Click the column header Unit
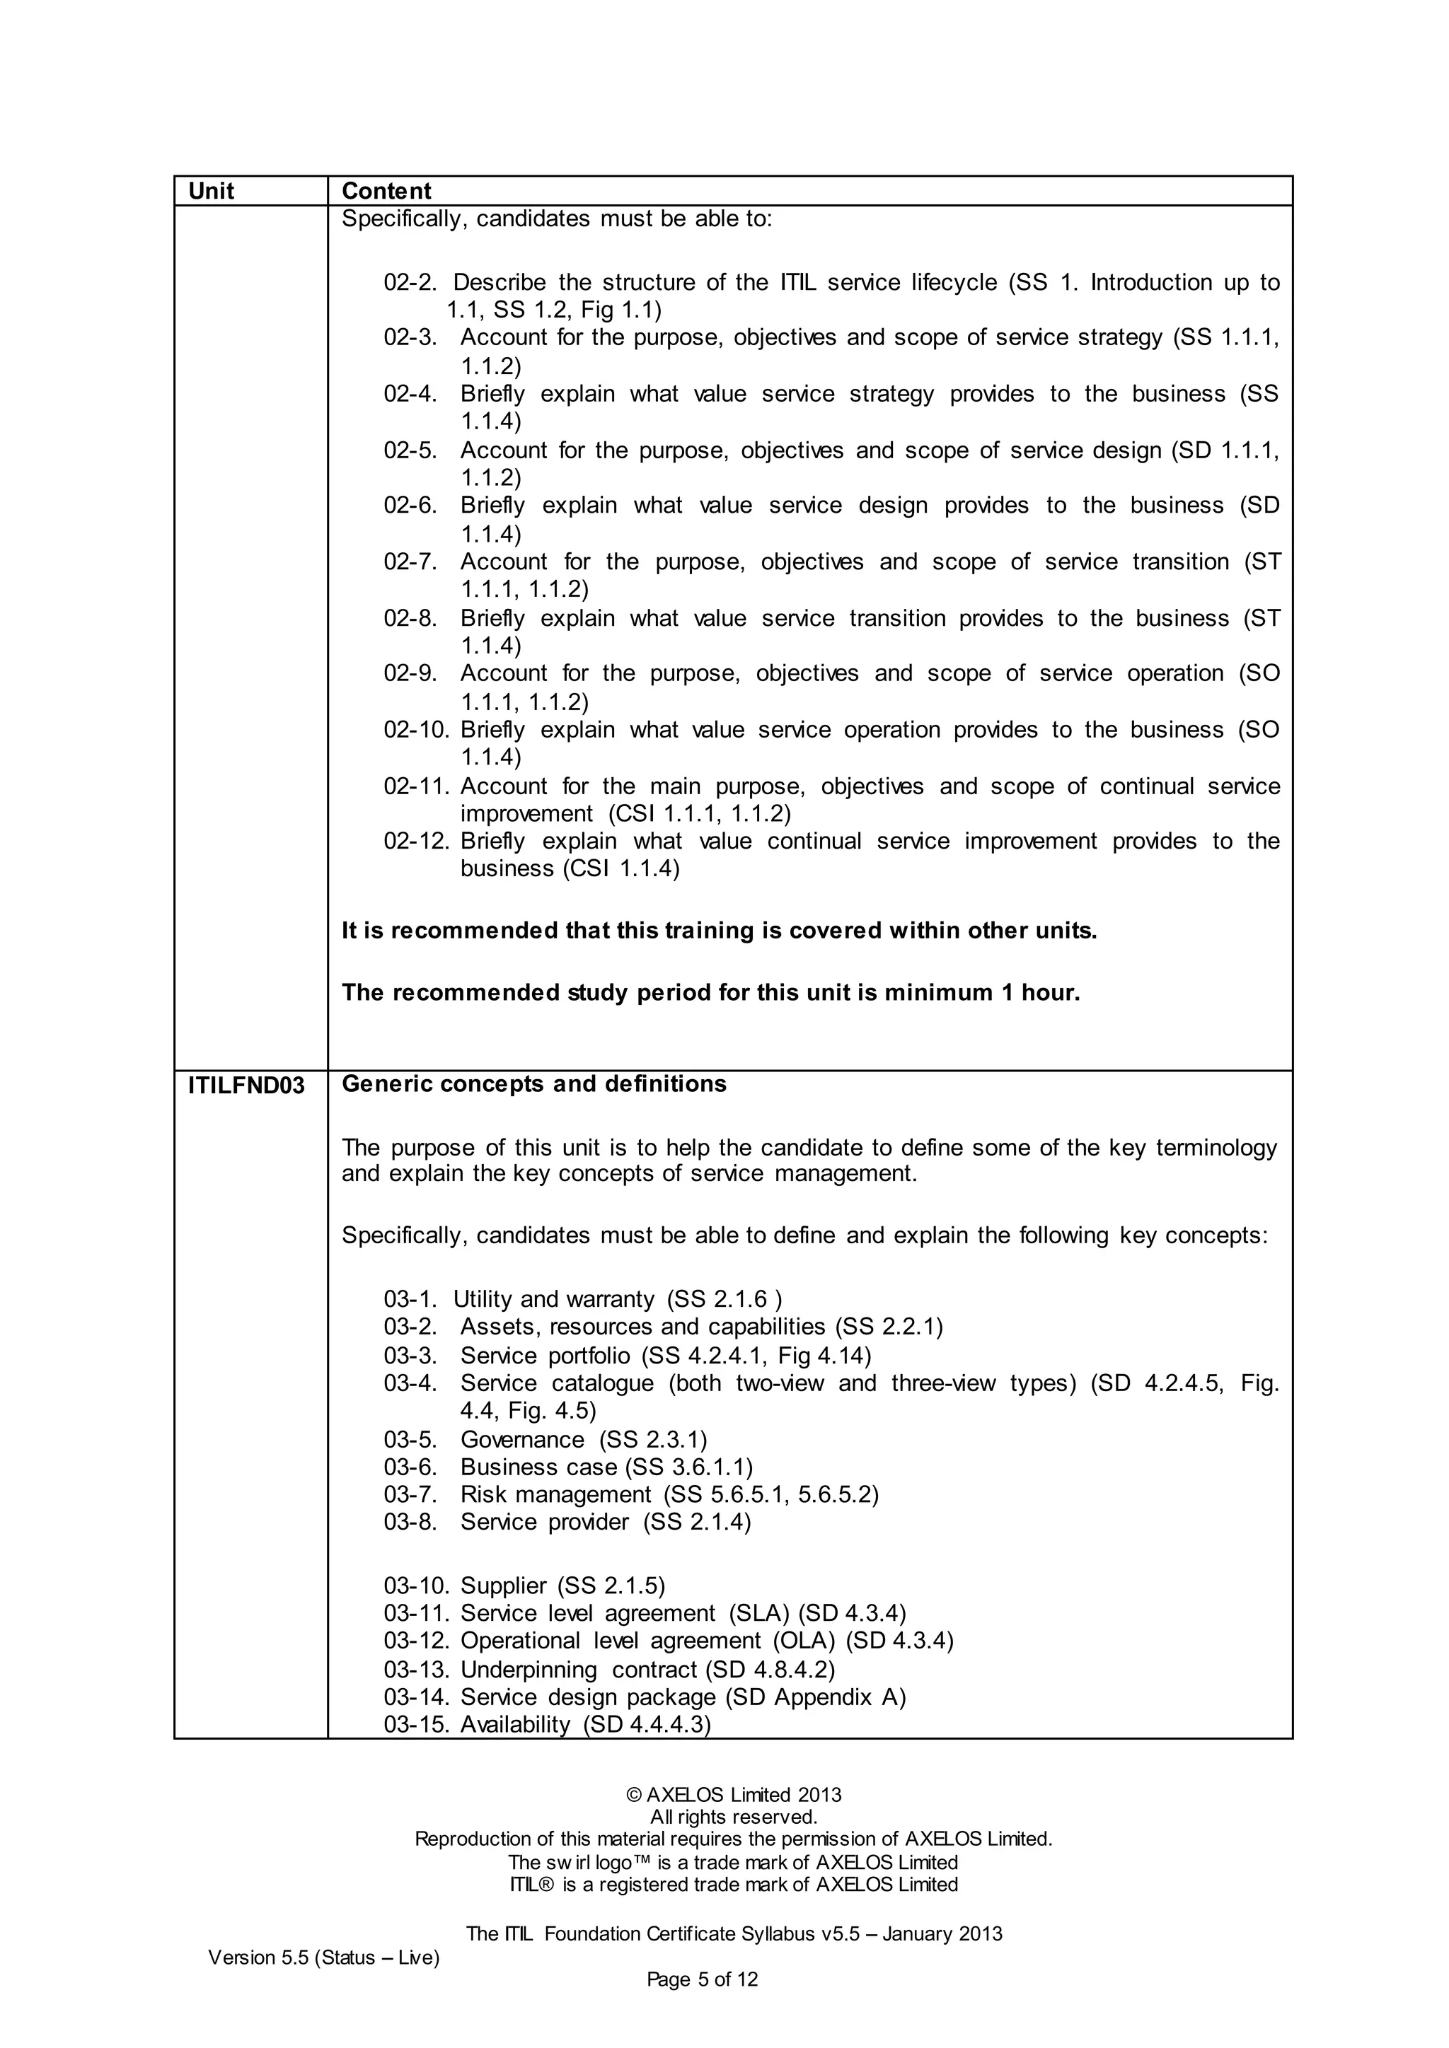click(211, 191)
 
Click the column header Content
click(386, 191)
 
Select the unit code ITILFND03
click(246, 1086)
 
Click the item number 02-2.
click(410, 283)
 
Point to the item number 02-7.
click(410, 562)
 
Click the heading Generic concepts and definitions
click(533, 1084)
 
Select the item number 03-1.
click(410, 1298)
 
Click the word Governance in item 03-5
click(522, 1440)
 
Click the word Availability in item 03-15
click(515, 1724)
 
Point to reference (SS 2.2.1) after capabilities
click(889, 1327)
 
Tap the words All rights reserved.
click(734, 1817)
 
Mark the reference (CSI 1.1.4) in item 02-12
click(621, 869)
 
